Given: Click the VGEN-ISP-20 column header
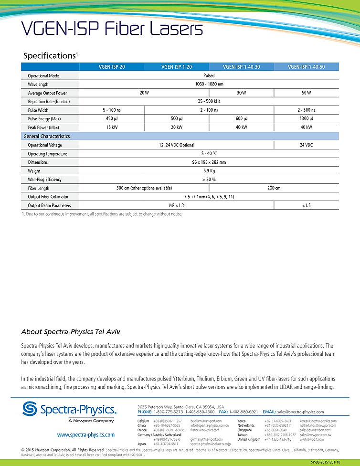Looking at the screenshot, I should point(112,67).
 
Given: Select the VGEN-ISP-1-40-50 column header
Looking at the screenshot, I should point(307,67).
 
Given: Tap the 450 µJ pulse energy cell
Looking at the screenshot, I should point(112,119).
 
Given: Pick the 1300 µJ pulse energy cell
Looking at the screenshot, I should point(307,119).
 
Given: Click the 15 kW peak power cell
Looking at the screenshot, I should point(112,127).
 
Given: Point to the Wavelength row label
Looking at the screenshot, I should point(38,85).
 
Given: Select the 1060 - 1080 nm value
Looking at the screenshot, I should point(209,85).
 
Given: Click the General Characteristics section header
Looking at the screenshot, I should point(47,137).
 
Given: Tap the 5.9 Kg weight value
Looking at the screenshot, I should point(209,171).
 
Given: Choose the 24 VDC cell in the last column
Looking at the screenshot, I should point(307,145).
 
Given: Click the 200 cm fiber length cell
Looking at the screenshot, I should point(274,188).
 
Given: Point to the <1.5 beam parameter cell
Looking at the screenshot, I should point(307,205).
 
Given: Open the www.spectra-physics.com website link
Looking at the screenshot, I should point(86,435).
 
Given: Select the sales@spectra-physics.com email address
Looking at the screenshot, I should point(301,412).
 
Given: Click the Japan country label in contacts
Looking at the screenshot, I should point(142,444).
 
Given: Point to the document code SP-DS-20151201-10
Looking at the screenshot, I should point(332,463).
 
